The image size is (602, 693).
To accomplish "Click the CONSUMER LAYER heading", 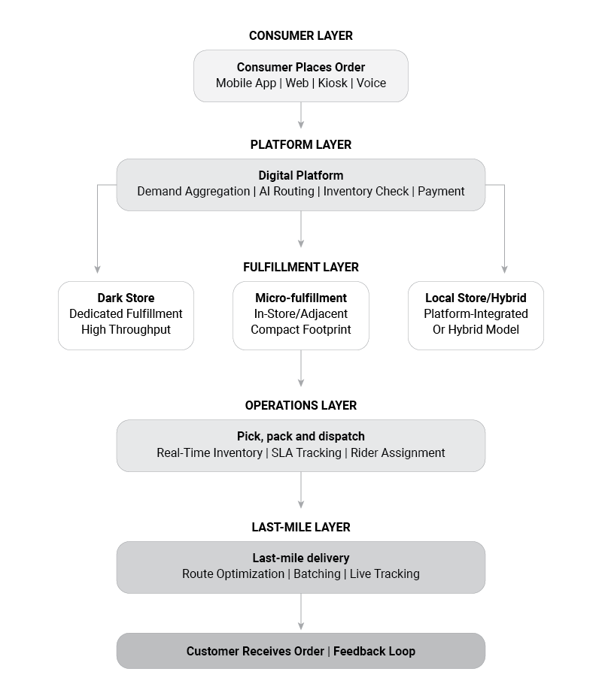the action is tap(301, 36).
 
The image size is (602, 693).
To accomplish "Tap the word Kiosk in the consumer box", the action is tap(333, 83).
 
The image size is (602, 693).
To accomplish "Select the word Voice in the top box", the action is tap(371, 83).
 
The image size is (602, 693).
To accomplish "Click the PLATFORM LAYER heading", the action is tap(301, 144).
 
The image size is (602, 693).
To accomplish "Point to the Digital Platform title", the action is tap(301, 175).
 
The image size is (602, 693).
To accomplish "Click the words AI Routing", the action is tap(287, 192).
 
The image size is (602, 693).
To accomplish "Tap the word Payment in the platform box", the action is tap(441, 192).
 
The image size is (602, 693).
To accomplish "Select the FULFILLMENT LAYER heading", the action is tap(301, 267).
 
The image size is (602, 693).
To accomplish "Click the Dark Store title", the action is tap(126, 298).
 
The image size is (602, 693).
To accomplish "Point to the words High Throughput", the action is tap(126, 330).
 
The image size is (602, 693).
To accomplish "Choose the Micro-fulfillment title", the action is tap(301, 298).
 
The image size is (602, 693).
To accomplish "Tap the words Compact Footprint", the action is tap(301, 330).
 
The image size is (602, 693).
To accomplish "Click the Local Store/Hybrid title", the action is tap(476, 298).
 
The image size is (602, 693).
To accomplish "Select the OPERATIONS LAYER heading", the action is tap(301, 405).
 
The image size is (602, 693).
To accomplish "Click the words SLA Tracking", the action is tap(306, 453).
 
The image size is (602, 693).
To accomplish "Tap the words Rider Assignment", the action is tap(397, 453).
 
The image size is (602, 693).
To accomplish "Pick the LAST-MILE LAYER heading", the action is tap(301, 527).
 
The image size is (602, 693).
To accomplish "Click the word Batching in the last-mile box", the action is tap(317, 574).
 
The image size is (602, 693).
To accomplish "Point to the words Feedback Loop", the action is tap(374, 652).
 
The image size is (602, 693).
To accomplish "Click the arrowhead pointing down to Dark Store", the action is tap(97, 270).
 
